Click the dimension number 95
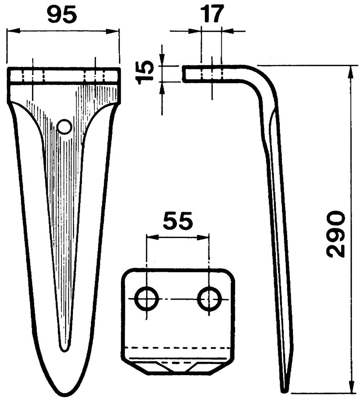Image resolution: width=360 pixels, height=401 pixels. point(62,15)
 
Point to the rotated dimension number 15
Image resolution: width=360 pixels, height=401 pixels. point(145,72)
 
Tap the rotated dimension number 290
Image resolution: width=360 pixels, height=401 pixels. point(336,234)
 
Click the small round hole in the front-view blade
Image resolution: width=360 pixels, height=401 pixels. point(64,126)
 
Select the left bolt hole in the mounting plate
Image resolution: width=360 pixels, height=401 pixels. point(147,299)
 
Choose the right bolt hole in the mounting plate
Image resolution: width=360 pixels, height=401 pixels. point(210,299)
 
